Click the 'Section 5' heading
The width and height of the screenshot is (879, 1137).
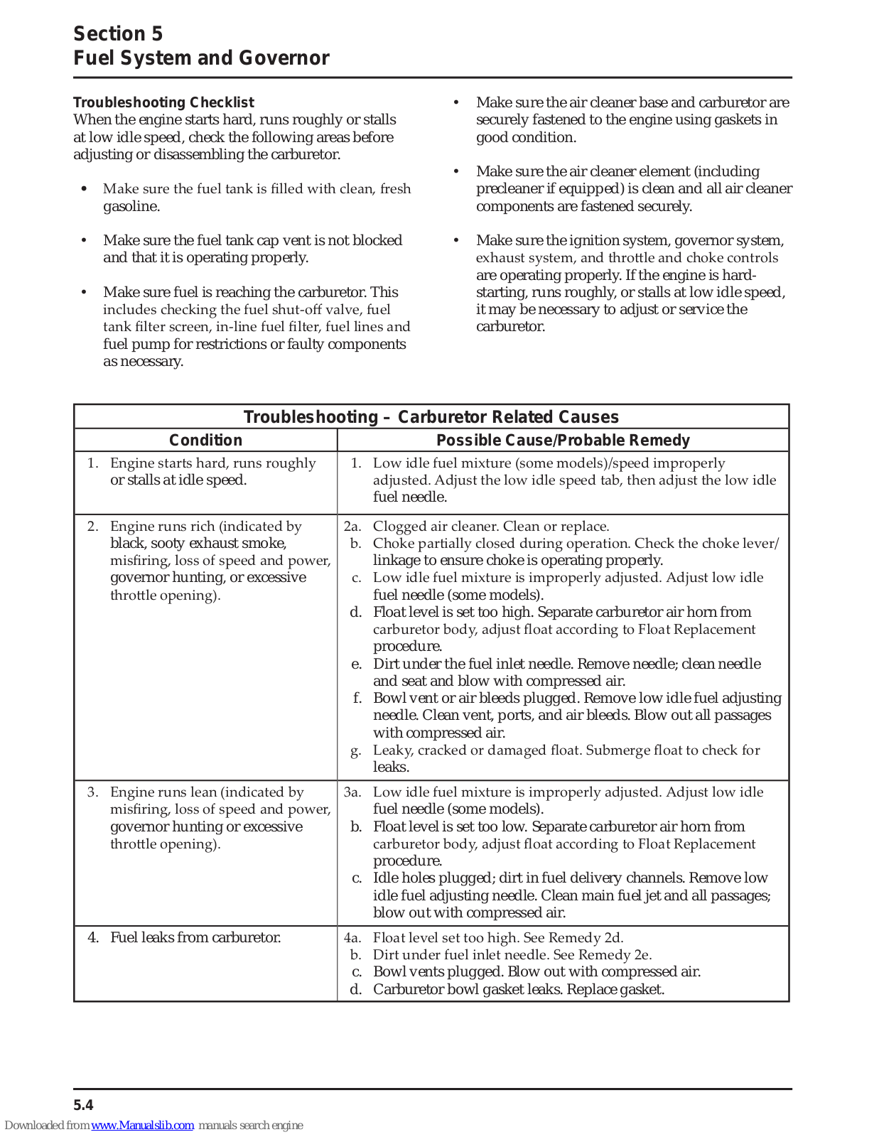[118, 33]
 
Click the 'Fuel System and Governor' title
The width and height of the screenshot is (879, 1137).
[201, 58]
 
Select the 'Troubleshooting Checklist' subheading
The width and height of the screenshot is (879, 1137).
[163, 102]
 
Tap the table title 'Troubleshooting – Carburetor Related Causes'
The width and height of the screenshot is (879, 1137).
[431, 417]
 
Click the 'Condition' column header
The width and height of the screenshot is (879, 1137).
[205, 441]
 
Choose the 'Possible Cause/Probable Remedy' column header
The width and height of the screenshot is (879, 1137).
[563, 441]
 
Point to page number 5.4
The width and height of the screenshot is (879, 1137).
[83, 1105]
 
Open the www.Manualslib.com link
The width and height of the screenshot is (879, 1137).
[142, 1126]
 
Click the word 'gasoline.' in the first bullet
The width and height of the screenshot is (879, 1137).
[131, 207]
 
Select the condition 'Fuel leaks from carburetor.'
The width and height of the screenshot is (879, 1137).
[195, 938]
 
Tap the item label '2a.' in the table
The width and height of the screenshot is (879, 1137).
[352, 527]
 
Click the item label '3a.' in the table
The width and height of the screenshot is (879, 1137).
[352, 792]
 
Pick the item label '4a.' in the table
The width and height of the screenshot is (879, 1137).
[352, 938]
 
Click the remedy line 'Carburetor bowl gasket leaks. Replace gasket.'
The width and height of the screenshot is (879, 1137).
[519, 990]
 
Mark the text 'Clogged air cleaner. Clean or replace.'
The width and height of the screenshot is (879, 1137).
[491, 527]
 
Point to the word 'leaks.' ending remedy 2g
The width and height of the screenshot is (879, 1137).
[391, 767]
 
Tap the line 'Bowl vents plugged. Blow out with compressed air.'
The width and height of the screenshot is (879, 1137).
[536, 972]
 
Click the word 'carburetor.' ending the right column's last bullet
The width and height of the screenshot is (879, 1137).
[510, 327]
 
